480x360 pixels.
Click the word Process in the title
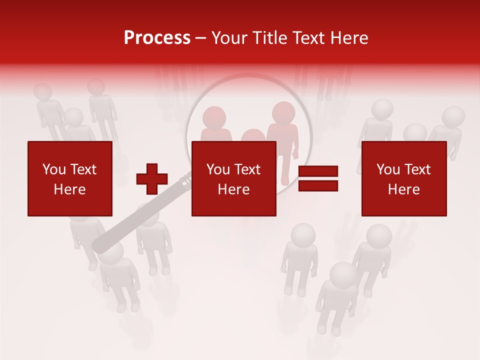point(157,38)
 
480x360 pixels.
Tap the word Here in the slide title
point(348,38)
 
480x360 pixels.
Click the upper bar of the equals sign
point(318,171)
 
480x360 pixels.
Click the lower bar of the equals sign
point(318,186)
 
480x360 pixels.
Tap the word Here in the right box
point(404,189)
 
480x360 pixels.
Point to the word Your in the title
point(228,38)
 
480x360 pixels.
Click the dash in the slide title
point(201,38)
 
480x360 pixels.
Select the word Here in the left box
point(70,189)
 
